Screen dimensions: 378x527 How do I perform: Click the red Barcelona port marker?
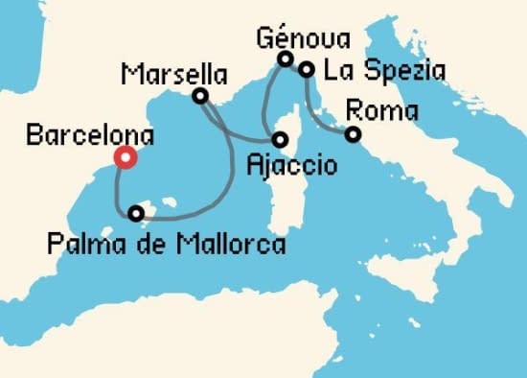124,158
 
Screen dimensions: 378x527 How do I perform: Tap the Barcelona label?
76,136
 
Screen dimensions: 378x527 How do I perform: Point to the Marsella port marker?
200,96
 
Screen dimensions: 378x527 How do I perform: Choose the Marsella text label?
175,73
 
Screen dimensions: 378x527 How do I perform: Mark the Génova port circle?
285,59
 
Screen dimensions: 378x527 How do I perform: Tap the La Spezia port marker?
306,69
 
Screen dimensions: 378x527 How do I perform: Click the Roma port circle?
354,134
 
